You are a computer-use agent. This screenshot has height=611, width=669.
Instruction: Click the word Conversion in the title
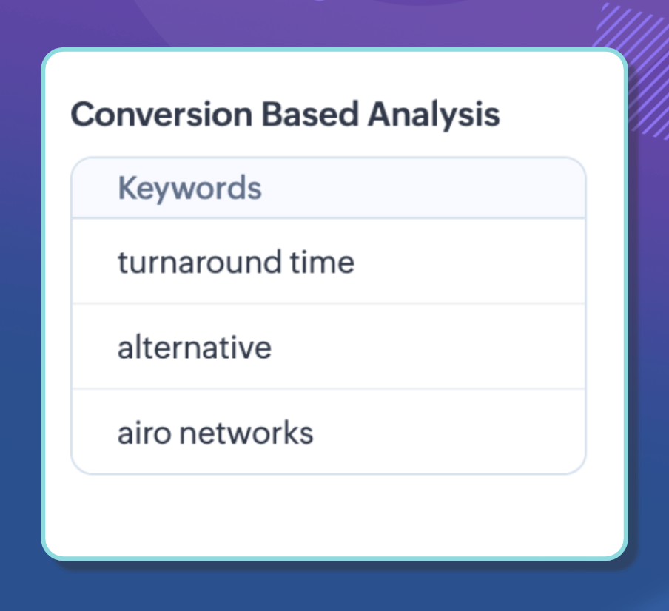[162, 114]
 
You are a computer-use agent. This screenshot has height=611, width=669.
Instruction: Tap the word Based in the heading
[310, 114]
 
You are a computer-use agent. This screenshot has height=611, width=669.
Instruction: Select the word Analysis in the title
[434, 115]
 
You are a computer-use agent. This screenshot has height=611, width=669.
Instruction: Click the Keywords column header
[190, 188]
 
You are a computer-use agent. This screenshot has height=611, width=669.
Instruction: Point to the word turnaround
[200, 262]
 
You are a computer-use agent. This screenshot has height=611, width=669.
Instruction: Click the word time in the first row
[322, 262]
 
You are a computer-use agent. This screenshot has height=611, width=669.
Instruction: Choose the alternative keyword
[195, 347]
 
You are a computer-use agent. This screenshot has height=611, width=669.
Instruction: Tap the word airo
[144, 433]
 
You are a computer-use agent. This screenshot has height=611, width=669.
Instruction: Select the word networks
[246, 432]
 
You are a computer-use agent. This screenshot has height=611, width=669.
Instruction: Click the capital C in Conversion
[84, 114]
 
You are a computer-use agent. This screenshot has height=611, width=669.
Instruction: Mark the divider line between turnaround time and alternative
[329, 303]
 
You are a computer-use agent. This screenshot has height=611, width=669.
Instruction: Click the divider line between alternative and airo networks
[329, 389]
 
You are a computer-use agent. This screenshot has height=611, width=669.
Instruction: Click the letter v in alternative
[249, 350]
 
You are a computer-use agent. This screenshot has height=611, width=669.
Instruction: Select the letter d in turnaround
[272, 262]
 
